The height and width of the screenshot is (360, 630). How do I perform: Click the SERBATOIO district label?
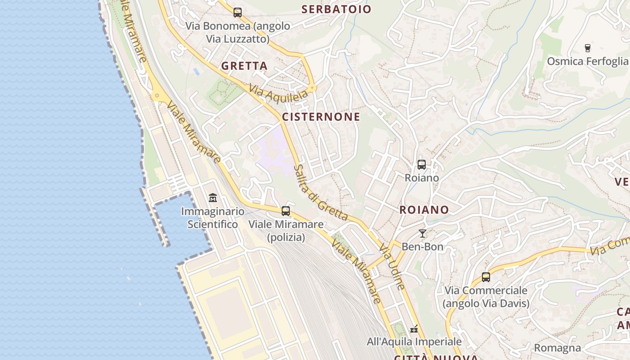pos(337,9)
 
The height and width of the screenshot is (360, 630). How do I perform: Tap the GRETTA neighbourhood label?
pos(244,66)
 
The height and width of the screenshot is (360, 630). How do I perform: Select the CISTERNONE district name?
pos(321,117)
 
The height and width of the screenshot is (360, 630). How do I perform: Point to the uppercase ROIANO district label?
pos(424,210)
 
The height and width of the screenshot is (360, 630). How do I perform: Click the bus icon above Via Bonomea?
pos(237,13)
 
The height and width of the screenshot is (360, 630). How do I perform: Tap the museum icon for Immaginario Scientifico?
pos(212,198)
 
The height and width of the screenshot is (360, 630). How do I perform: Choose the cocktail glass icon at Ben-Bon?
pos(422,233)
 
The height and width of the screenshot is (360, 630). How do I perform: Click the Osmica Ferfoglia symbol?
pos(587,48)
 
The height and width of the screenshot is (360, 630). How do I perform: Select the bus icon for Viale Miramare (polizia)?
pos(286,211)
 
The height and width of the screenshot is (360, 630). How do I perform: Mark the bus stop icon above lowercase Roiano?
pos(422,165)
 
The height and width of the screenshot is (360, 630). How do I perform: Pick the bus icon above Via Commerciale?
pos(486,277)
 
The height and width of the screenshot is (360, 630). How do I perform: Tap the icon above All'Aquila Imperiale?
pos(414,329)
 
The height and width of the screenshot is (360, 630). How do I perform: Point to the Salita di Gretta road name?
pos(320,193)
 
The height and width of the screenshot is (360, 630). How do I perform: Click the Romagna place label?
pos(558,348)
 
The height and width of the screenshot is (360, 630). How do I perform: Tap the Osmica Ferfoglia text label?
pos(587,61)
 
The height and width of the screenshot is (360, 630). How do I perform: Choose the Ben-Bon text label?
pos(422,247)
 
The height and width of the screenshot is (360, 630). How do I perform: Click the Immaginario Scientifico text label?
pos(212,218)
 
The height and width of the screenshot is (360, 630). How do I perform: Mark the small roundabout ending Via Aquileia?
pos(312,88)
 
